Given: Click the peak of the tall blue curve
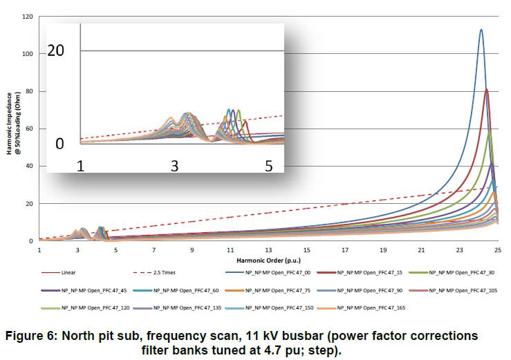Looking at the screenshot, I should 481,30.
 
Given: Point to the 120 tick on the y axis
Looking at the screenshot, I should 28,17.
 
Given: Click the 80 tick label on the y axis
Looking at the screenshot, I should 29,91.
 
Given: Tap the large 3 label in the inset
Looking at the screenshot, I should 174,166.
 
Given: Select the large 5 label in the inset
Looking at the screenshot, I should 269,166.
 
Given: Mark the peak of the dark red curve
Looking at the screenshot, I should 487,89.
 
